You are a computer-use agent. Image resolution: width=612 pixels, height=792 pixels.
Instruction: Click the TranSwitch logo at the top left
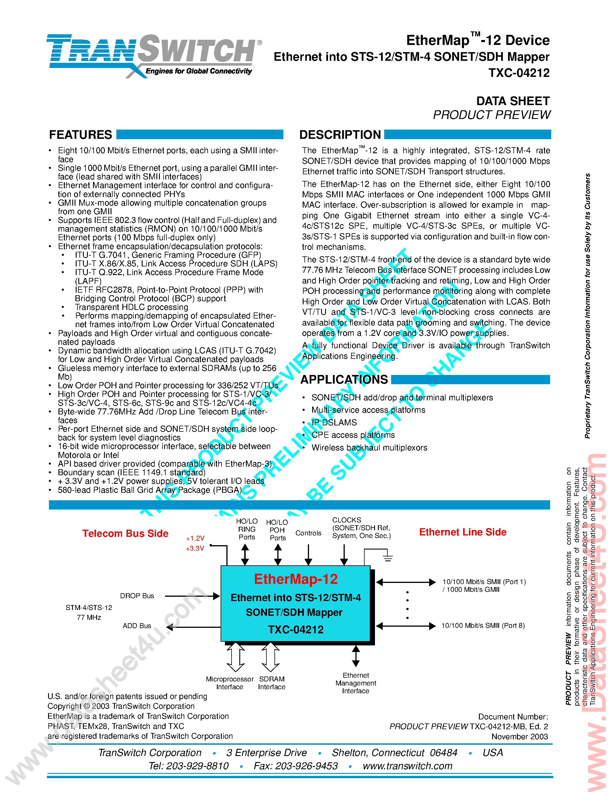click(152, 54)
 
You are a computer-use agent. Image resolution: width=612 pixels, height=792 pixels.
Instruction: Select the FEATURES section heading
click(80, 134)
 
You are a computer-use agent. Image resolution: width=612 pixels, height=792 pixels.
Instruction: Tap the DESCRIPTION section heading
click(340, 134)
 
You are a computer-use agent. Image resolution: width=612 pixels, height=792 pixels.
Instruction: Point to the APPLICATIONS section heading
click(344, 379)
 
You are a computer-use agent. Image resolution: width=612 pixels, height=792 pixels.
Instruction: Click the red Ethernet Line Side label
click(463, 532)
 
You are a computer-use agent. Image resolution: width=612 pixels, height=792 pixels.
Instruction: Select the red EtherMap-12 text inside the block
click(295, 579)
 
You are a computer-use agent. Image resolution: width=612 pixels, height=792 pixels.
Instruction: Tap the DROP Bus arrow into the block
click(192, 596)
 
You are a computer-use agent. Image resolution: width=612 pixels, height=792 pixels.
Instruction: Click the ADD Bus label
click(137, 626)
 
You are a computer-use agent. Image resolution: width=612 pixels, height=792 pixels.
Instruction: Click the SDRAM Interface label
click(272, 683)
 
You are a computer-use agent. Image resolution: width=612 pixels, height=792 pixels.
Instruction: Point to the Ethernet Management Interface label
click(356, 683)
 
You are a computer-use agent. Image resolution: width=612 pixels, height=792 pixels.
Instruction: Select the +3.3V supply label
click(195, 548)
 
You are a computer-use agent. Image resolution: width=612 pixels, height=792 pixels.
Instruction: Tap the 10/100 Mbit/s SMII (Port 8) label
click(483, 626)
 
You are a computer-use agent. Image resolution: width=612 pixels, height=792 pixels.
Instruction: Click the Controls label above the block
click(308, 533)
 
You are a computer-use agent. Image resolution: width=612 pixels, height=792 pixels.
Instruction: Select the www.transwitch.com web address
click(408, 766)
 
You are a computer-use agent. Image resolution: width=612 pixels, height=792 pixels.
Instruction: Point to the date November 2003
click(519, 736)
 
